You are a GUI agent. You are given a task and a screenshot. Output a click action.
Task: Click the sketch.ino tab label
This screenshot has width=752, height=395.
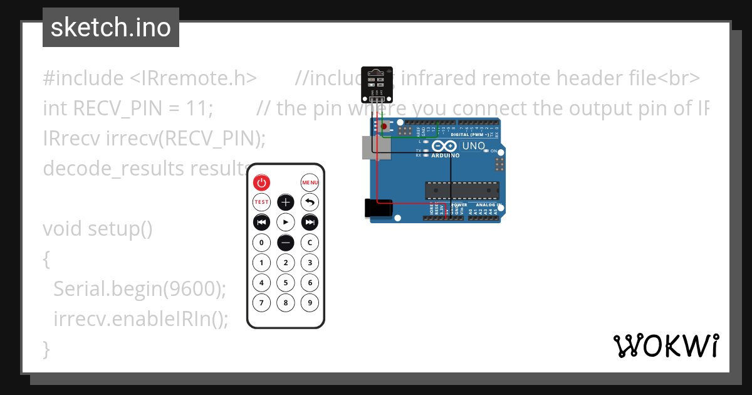tap(110, 28)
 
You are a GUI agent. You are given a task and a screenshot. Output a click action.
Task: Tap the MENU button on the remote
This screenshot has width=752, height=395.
tap(310, 182)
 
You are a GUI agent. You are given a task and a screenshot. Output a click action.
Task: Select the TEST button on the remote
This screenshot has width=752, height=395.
tap(261, 203)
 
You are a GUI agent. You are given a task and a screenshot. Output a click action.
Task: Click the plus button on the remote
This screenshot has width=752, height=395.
tap(286, 203)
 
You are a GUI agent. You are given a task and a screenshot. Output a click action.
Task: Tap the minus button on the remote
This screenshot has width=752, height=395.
tap(286, 242)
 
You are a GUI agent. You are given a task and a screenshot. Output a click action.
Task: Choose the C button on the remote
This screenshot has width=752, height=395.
tap(310, 242)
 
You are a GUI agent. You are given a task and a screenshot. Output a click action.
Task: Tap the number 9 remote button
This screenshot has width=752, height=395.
tap(310, 303)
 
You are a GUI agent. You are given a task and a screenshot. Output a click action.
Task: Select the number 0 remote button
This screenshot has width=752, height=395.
tap(261, 242)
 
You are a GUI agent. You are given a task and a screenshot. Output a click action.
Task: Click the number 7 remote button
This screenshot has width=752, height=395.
tap(261, 303)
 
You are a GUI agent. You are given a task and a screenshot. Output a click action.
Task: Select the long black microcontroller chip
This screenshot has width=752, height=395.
tap(462, 190)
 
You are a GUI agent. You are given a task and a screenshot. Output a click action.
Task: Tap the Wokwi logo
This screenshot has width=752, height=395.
tap(666, 345)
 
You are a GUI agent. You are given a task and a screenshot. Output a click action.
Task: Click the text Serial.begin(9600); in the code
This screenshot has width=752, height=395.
tap(139, 289)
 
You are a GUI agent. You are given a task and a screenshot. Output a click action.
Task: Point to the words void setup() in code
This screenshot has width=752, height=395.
tap(98, 229)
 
